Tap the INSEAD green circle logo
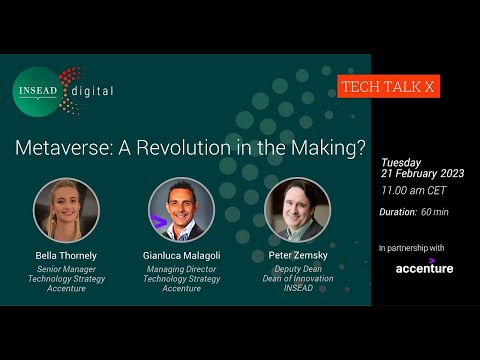pos(39,91)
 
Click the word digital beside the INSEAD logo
pos(92,91)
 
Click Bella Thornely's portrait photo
pos(67,208)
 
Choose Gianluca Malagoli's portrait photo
pos(181,209)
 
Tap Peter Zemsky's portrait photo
pos(297,209)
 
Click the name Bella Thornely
pos(67,256)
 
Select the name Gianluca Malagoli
pos(181,256)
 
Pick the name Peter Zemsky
pos(297,256)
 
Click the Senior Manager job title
pos(67,268)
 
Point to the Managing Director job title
pos(181,268)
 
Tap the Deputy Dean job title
pos(297,268)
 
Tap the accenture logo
pos(424,267)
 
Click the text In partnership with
pos(412,247)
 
